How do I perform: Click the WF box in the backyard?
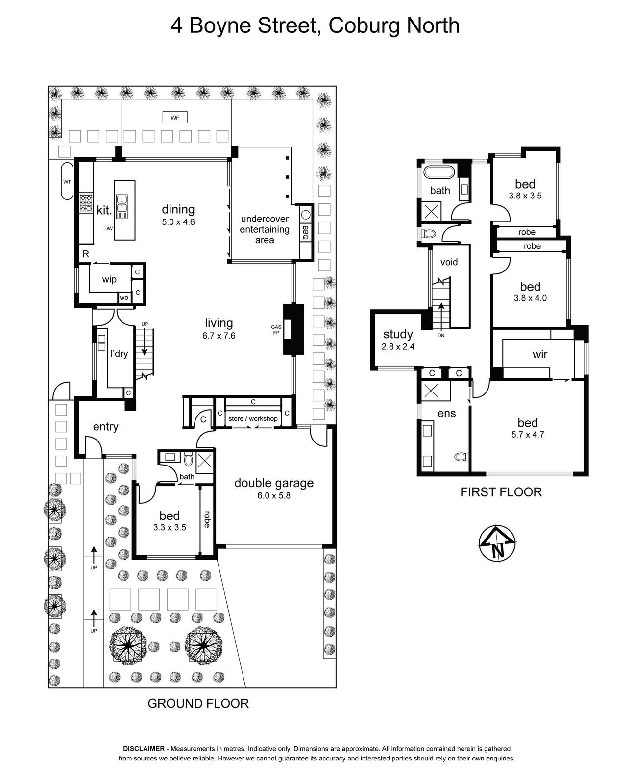(175, 118)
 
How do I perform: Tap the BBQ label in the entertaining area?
(305, 233)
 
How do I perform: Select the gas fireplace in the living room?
(293, 329)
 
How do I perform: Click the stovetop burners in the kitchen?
(86, 203)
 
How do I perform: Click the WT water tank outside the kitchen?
(67, 181)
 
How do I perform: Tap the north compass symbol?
(496, 543)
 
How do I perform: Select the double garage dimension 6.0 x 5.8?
(274, 495)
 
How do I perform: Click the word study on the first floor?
(398, 334)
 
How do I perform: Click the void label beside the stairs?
(449, 262)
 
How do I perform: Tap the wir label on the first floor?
(539, 354)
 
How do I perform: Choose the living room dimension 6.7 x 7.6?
(219, 335)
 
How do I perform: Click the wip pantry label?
(109, 279)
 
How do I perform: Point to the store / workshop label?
(253, 418)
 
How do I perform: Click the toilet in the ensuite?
(462, 456)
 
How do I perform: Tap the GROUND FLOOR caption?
(198, 703)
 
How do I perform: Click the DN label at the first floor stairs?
(441, 335)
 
